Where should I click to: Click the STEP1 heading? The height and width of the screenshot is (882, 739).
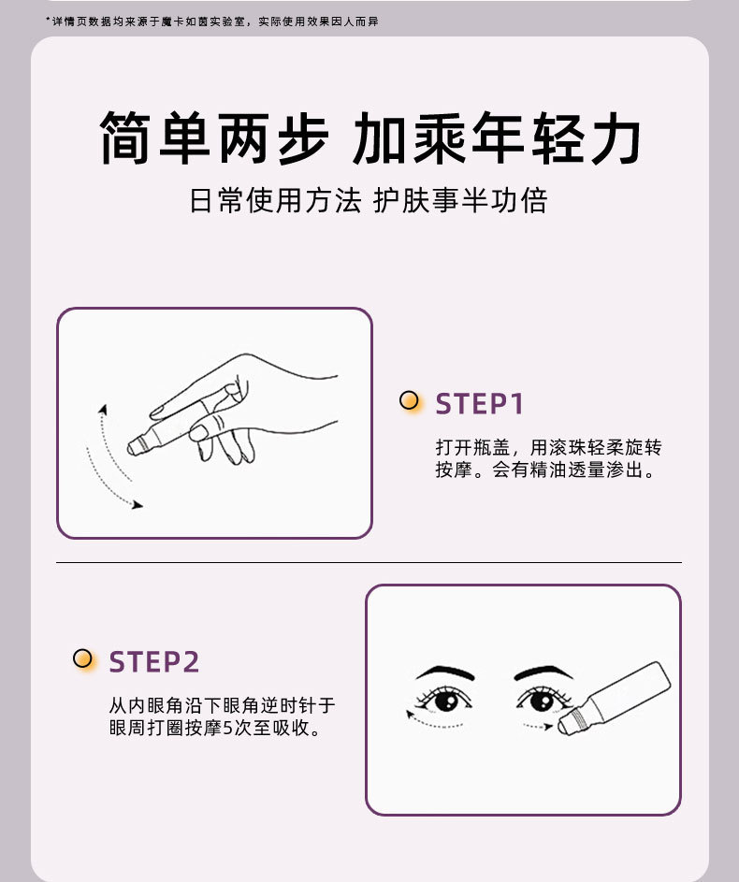(x=479, y=404)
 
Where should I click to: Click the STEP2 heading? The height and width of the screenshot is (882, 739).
(x=153, y=662)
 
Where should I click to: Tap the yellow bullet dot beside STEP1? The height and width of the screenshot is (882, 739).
(x=409, y=400)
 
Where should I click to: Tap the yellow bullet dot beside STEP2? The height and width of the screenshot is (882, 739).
(x=82, y=658)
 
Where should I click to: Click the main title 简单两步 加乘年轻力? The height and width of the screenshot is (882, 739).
(x=370, y=137)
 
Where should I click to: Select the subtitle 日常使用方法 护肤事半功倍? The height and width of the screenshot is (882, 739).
(x=369, y=200)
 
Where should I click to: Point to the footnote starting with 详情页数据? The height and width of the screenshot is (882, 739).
(x=212, y=22)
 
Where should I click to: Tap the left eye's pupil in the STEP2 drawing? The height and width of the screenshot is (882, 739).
(x=447, y=701)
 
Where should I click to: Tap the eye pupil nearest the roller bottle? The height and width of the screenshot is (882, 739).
(x=543, y=701)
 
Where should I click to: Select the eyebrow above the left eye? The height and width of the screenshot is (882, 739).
(x=444, y=672)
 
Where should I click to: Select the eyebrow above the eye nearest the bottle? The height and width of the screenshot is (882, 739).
(x=543, y=672)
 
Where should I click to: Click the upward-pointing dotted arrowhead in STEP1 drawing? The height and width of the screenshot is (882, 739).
(x=103, y=409)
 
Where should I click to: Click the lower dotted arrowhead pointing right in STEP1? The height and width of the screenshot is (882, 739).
(x=138, y=504)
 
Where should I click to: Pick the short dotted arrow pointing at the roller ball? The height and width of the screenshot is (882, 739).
(x=538, y=726)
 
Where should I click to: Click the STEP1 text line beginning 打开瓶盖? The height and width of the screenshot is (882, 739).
(x=548, y=448)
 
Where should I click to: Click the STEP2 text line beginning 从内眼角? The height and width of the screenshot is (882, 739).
(x=222, y=705)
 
